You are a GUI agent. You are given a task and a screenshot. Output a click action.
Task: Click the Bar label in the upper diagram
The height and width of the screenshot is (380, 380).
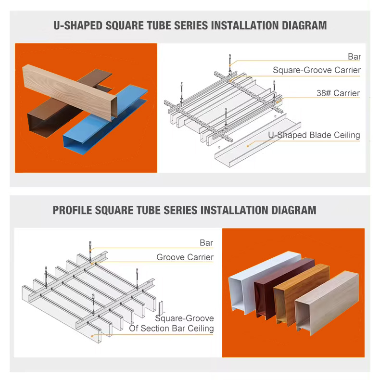(x=355, y=57)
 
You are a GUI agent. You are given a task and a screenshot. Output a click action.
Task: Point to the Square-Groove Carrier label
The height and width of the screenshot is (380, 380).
(x=317, y=70)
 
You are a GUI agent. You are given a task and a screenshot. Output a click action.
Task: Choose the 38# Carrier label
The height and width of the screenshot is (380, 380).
(x=338, y=93)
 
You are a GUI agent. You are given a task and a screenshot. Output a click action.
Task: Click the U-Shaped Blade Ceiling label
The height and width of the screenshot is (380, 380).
(x=314, y=135)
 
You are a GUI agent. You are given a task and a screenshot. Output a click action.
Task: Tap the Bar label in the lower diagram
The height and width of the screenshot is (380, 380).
(x=206, y=243)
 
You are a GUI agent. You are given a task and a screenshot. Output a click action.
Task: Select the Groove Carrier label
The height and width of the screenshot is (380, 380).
(x=185, y=257)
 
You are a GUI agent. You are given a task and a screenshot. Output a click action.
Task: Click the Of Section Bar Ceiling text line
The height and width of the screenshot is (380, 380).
(x=171, y=329)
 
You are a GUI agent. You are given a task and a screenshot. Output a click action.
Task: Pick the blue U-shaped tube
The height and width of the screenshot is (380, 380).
(x=105, y=120)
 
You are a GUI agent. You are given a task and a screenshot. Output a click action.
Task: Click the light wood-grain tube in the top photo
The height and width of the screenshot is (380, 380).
(x=70, y=91)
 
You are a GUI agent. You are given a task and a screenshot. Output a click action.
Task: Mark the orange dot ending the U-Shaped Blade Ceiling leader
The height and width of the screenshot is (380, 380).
(x=248, y=146)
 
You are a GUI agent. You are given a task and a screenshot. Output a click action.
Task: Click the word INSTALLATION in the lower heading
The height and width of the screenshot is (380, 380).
(x=234, y=210)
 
